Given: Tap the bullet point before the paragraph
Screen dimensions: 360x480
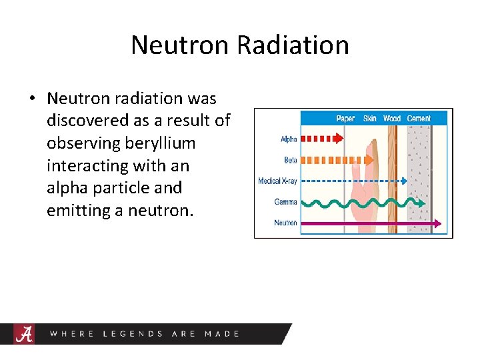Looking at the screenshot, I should click(32, 99).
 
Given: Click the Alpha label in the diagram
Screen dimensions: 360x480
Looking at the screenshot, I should click(289, 139).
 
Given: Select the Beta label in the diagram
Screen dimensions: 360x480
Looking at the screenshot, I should click(290, 160).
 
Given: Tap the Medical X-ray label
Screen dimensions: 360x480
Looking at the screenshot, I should click(277, 181).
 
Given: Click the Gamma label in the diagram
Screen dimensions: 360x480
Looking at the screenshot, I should click(286, 201).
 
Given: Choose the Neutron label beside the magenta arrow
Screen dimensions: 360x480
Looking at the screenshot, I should click(285, 223).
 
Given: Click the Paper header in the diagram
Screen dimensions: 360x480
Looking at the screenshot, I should click(345, 119).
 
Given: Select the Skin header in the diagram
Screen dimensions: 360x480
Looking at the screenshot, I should click(369, 119).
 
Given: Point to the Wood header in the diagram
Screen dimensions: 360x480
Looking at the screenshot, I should click(391, 119).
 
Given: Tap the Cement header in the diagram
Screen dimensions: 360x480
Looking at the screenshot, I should click(419, 119).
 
